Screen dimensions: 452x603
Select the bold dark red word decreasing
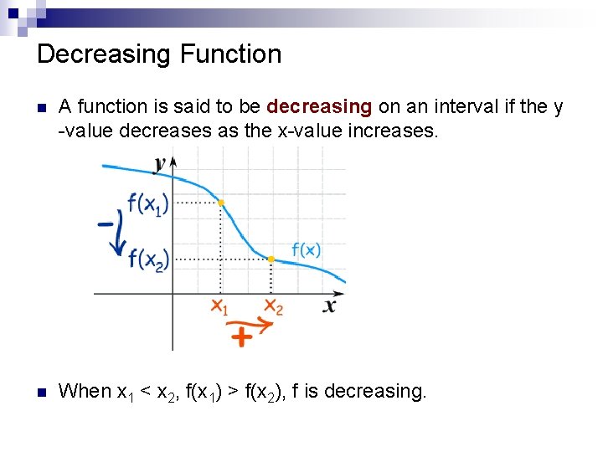[x=319, y=106]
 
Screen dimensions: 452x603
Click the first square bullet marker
[x=43, y=108]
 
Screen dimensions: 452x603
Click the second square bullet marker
[x=43, y=392]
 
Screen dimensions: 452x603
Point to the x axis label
[x=330, y=306]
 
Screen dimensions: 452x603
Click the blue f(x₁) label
[x=147, y=203]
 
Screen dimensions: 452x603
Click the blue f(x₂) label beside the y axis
[x=148, y=259]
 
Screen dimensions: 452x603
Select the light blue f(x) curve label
[x=307, y=249]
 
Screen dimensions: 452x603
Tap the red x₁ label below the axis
[x=219, y=307]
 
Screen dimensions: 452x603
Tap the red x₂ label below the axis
[x=273, y=307]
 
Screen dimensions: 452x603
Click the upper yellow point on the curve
[x=220, y=203]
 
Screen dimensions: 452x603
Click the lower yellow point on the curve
[x=271, y=259]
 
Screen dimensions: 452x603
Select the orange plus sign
[x=242, y=336]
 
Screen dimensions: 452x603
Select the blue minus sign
[x=106, y=223]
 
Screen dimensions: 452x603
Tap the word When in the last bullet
[x=85, y=391]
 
